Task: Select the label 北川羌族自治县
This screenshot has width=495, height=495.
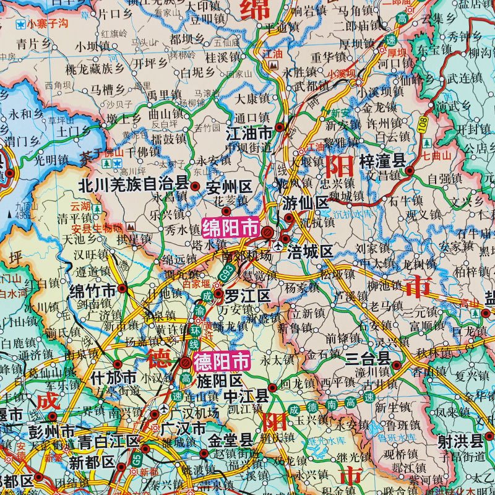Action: (x=133, y=184)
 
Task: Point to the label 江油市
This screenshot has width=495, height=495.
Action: (x=249, y=132)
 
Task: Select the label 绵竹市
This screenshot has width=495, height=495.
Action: (x=93, y=290)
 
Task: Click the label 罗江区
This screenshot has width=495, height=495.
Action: (x=247, y=296)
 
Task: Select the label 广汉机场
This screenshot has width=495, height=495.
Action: (x=189, y=413)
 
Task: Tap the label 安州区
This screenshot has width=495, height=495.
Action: (x=228, y=184)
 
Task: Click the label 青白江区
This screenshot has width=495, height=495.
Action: (x=110, y=441)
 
